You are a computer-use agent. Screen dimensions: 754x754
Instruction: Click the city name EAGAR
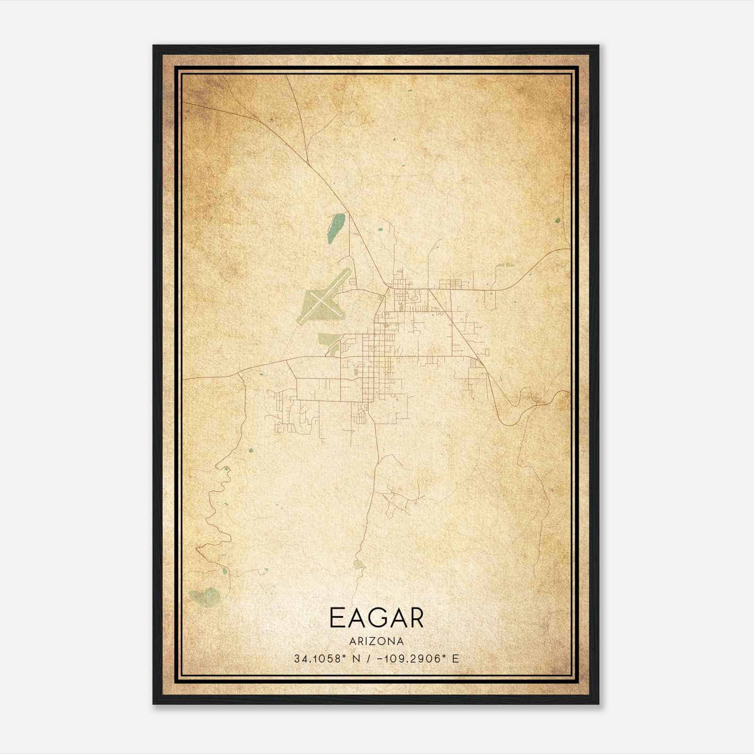[377, 618]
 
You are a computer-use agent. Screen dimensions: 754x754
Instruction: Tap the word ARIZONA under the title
[377, 641]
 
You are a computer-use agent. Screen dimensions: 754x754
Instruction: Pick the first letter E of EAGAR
[337, 618]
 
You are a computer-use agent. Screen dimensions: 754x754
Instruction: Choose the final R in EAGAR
[416, 618]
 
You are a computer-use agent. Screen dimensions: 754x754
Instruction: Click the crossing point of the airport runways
[320, 300]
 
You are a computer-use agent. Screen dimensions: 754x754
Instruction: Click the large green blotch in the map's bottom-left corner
[205, 596]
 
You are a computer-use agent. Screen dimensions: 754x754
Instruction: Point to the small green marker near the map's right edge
[557, 220]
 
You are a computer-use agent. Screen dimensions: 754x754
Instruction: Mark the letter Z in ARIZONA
[372, 641]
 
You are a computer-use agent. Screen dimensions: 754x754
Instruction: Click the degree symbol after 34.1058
[343, 656]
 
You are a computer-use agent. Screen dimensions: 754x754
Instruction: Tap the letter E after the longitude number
[455, 658]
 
